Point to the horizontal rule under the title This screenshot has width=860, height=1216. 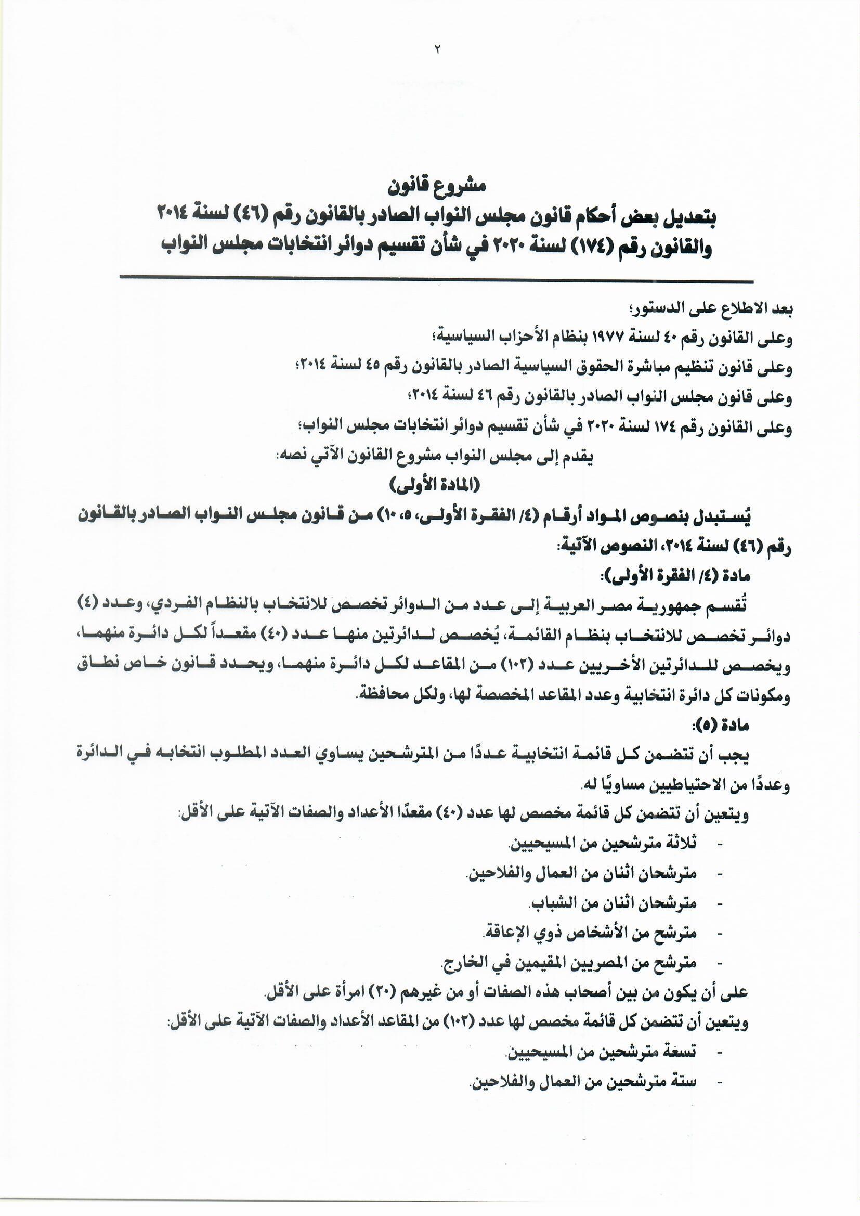pyautogui.click(x=436, y=278)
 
